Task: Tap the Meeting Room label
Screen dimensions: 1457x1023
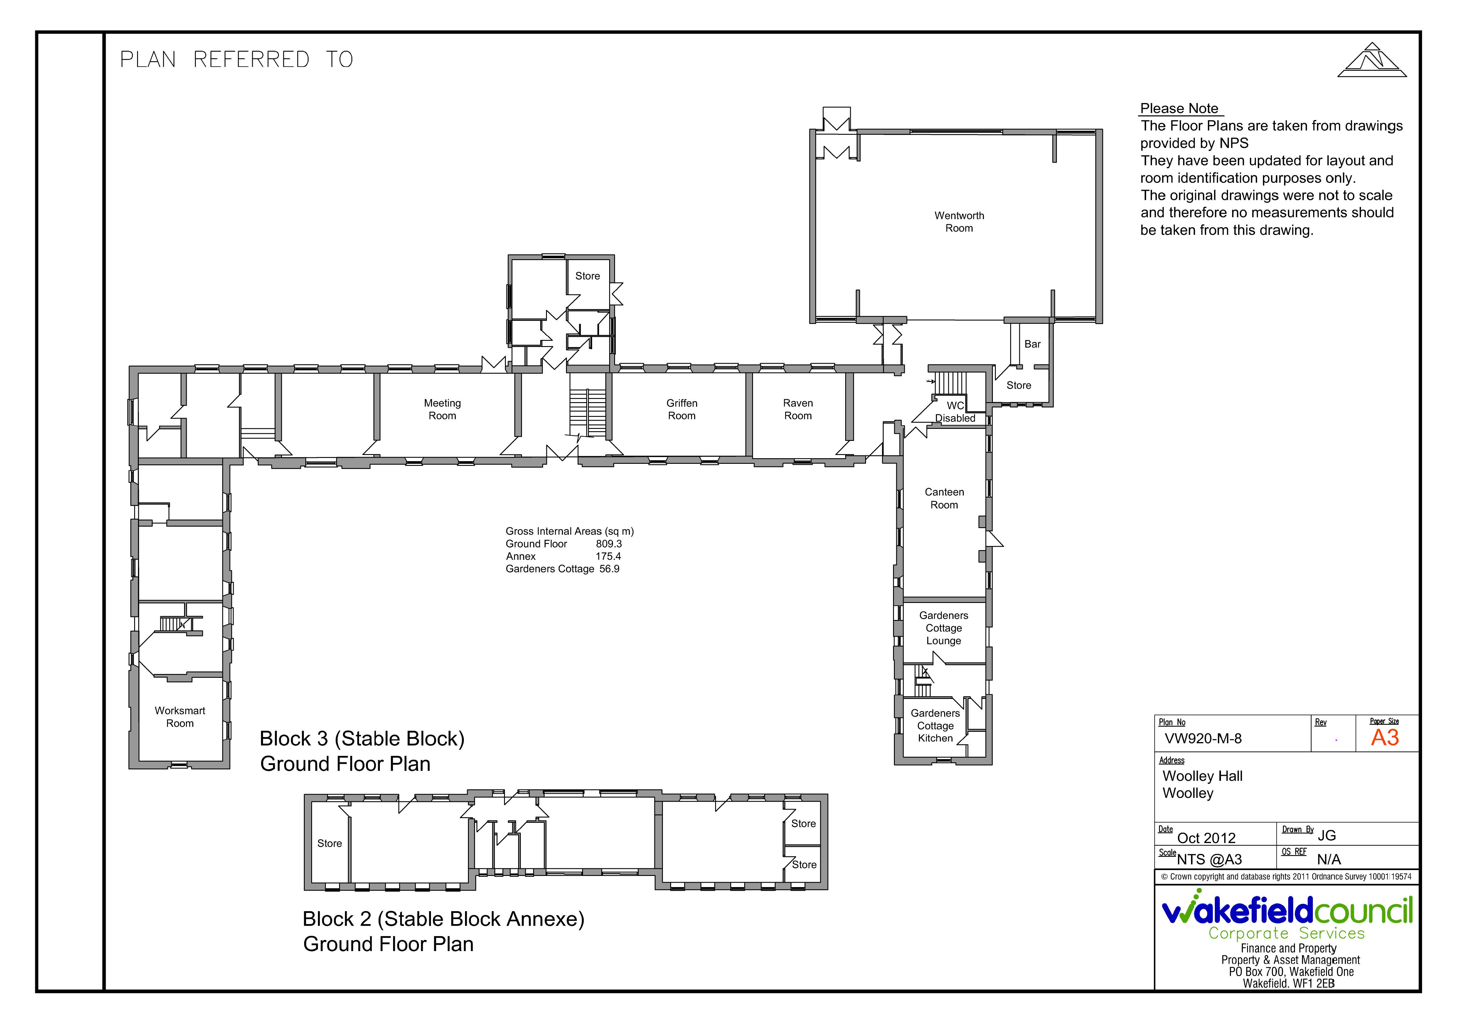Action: click(442, 409)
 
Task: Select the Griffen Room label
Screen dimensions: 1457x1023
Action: click(682, 409)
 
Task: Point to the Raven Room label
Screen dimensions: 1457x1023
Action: click(798, 409)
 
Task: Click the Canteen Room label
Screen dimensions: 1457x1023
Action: click(944, 498)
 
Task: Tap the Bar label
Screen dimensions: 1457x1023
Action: click(1032, 344)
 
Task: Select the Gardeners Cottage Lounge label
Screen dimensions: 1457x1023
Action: click(944, 628)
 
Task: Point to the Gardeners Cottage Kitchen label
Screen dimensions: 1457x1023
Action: click(935, 725)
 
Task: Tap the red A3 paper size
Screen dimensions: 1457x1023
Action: click(1385, 737)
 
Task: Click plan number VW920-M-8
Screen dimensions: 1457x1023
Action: click(1203, 739)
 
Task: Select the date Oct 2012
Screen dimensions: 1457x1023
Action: click(1206, 838)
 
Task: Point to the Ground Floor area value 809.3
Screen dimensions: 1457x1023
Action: click(609, 544)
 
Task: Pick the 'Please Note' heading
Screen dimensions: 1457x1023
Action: click(1179, 109)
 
